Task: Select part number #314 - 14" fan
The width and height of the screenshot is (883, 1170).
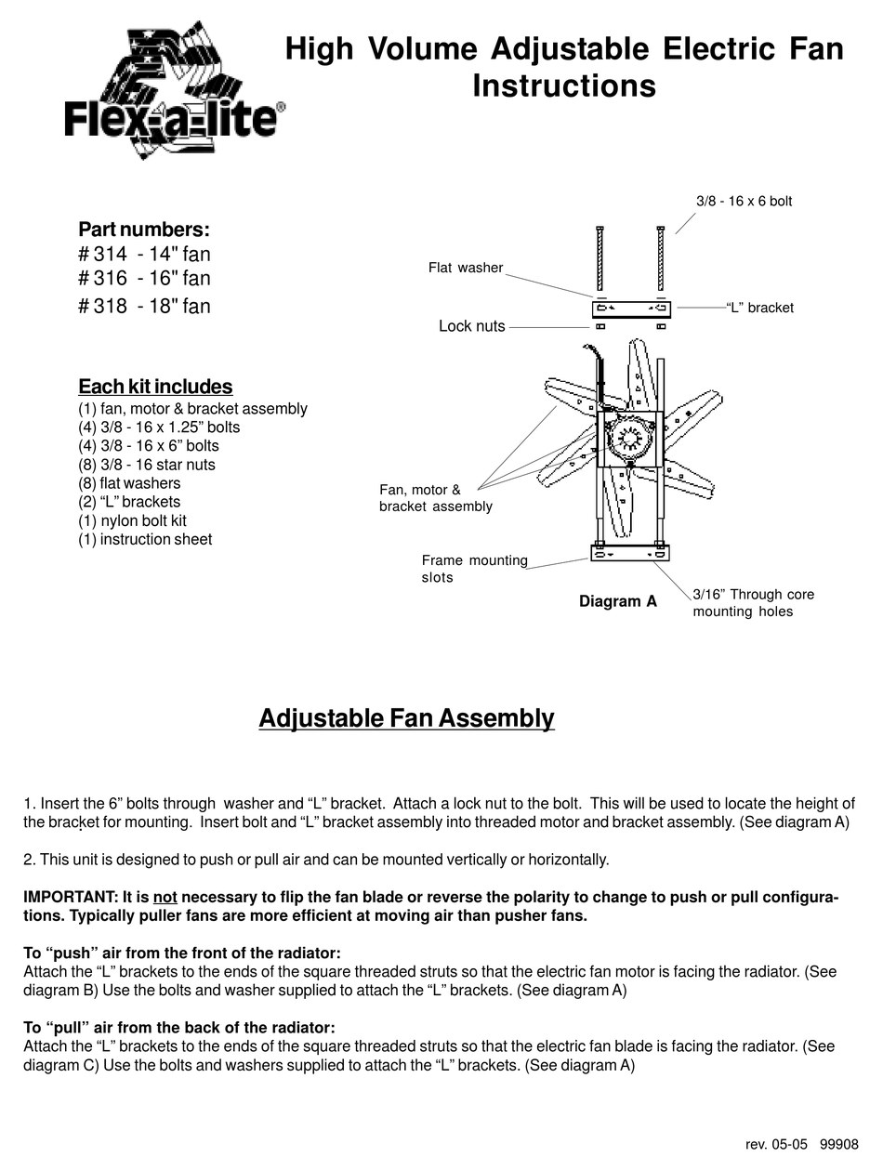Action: click(x=144, y=254)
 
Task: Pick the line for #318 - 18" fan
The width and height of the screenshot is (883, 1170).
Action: click(x=144, y=306)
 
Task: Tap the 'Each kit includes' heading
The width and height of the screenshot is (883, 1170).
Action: click(x=155, y=387)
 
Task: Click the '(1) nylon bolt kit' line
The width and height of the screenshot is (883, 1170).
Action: click(x=132, y=520)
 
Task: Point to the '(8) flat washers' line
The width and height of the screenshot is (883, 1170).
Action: click(x=129, y=483)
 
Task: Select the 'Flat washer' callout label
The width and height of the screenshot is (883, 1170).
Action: click(x=465, y=268)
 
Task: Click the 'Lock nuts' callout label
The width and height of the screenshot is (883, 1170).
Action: click(x=471, y=326)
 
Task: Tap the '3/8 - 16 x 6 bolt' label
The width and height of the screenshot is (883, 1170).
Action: click(x=744, y=201)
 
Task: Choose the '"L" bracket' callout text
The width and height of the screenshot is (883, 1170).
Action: click(x=759, y=308)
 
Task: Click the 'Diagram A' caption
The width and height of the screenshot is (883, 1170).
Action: click(x=617, y=601)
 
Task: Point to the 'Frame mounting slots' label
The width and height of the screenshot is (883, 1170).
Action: click(x=474, y=569)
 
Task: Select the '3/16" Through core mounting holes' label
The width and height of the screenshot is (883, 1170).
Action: click(x=752, y=602)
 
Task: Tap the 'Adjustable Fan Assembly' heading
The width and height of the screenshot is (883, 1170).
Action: click(x=406, y=718)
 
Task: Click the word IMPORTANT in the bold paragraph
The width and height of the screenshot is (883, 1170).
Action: click(x=68, y=898)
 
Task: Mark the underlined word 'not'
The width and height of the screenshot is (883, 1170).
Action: click(x=165, y=898)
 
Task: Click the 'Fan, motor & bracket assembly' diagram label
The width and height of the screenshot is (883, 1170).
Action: click(x=434, y=498)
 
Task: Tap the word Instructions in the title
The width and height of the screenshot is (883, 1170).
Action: click(x=564, y=85)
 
